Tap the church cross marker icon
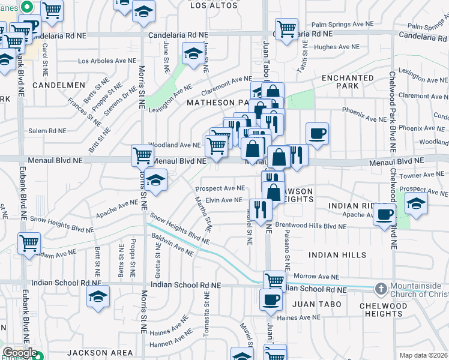pyautogui.click(x=381, y=289)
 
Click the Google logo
pyautogui.click(x=20, y=353)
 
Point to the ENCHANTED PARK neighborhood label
pyautogui.click(x=348, y=82)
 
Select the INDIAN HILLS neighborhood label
pyautogui.click(x=337, y=255)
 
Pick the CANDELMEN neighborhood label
pyautogui.click(x=59, y=85)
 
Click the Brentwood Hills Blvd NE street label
pyautogui.click(x=314, y=227)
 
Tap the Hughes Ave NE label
pyautogui.click(x=335, y=47)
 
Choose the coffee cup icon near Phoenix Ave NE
pyautogui.click(x=317, y=133)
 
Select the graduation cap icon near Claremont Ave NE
pyautogui.click(x=194, y=54)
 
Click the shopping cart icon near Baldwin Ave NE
pyautogui.click(x=29, y=244)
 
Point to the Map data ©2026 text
pyautogui.click(x=423, y=355)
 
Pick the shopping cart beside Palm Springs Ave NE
pyautogui.click(x=286, y=28)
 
